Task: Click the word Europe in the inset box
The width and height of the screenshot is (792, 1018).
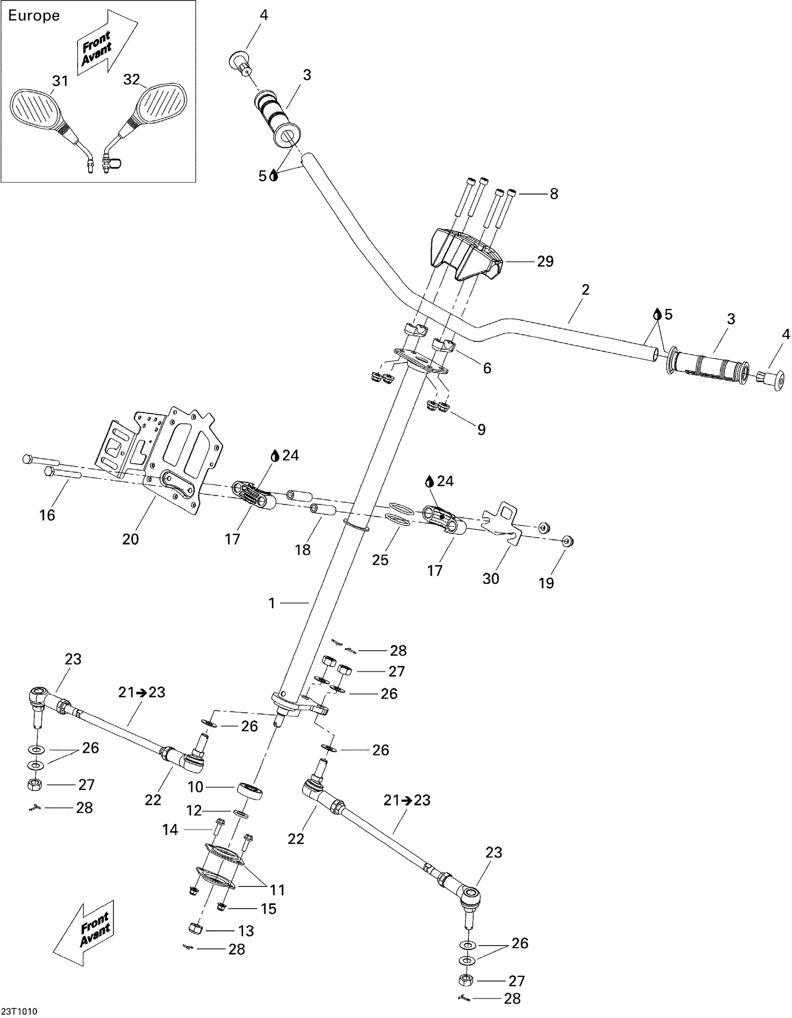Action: point(34,16)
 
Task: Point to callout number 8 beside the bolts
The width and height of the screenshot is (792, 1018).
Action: point(553,194)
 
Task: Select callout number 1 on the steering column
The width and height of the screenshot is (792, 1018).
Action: point(272,603)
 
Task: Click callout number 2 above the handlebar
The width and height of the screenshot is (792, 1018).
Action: point(585,289)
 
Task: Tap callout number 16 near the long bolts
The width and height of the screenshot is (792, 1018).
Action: point(47,515)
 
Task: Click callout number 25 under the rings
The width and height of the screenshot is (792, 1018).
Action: point(380,560)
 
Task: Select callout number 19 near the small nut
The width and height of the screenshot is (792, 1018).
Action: point(546,583)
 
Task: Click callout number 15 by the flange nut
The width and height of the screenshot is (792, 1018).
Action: point(269,908)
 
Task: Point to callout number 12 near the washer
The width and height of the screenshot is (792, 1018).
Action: point(195,810)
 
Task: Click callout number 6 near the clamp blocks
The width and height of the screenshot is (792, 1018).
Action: point(487,368)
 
